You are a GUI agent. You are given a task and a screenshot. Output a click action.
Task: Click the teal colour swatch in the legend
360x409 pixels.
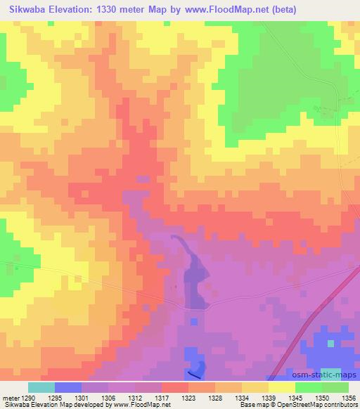tap(41, 387)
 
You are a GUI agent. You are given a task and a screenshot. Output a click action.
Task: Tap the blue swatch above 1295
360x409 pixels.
tap(68, 387)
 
